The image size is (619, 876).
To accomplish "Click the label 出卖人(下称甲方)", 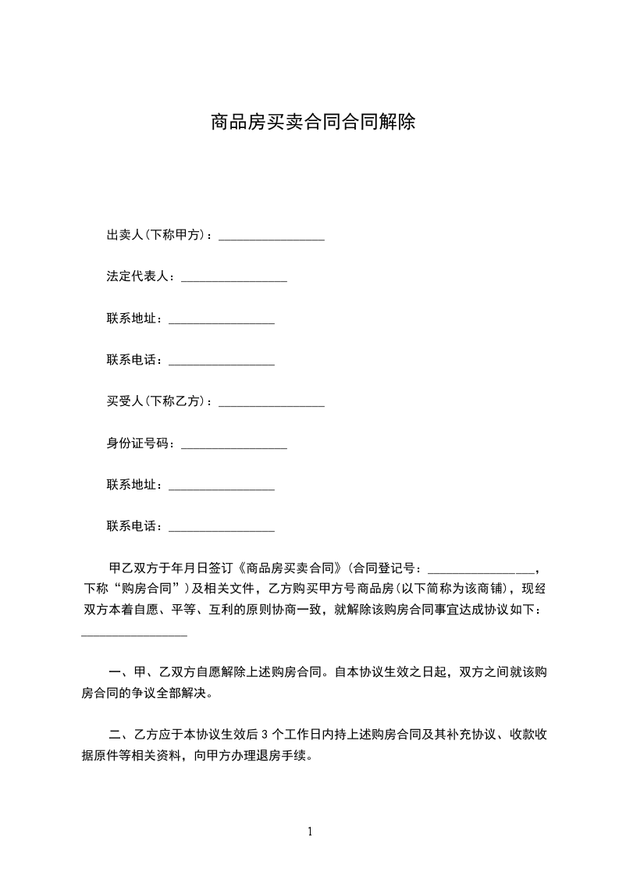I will (x=155, y=235).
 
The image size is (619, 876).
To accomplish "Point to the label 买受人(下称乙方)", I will (x=155, y=401).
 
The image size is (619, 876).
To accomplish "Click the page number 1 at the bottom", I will (x=310, y=831).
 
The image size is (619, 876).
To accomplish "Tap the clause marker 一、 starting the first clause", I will (x=119, y=671).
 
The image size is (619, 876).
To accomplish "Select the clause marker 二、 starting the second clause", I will (x=119, y=734).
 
